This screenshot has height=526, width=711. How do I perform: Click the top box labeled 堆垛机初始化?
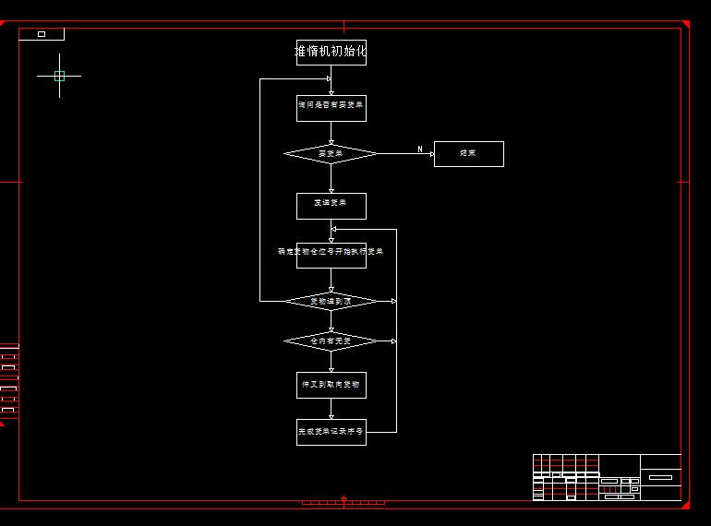[331, 53]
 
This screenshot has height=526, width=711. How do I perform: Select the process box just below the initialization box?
[331, 108]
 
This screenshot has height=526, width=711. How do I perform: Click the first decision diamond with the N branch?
[331, 153]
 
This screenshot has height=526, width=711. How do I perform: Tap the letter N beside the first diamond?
[420, 149]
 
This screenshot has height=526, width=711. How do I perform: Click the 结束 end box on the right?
[468, 154]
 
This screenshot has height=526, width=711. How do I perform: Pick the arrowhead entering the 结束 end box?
[430, 154]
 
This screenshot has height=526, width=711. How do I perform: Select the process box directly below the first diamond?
[331, 206]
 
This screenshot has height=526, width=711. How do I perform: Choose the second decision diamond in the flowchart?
[331, 301]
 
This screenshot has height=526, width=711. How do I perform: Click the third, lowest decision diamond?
[331, 341]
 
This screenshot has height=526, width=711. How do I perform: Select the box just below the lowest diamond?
[331, 385]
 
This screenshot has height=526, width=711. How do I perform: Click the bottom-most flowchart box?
[331, 432]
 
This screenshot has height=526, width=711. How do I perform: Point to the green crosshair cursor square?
[59, 76]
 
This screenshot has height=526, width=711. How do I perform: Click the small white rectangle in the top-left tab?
[42, 34]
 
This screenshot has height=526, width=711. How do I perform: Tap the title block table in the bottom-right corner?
[607, 477]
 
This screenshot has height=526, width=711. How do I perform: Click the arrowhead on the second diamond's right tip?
[393, 301]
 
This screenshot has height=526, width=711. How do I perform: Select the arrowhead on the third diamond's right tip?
[393, 341]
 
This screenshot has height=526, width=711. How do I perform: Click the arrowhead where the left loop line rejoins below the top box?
[328, 78]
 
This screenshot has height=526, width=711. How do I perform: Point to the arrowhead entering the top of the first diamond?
[331, 142]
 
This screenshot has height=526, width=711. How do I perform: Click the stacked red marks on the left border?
[8, 378]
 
